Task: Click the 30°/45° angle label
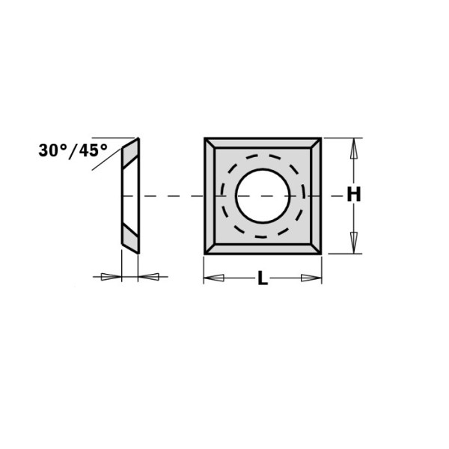(x=72, y=150)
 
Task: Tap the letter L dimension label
(x=262, y=280)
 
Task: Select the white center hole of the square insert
(x=263, y=195)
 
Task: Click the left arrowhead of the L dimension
(x=215, y=279)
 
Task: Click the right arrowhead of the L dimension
(x=310, y=279)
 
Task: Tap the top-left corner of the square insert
(x=204, y=138)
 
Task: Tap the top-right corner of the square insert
(x=321, y=138)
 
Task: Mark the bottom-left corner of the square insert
(x=204, y=254)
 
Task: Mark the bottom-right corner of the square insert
(x=321, y=254)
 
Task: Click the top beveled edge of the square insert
(x=263, y=142)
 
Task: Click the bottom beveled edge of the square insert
(x=263, y=249)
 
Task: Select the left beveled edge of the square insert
(x=209, y=196)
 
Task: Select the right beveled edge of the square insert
(x=317, y=196)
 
